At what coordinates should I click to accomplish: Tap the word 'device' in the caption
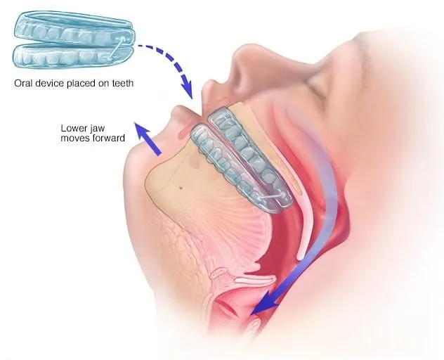(x=47, y=84)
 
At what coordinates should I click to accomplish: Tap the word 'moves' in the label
(x=74, y=139)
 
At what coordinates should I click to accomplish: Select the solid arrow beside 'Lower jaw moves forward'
(x=148, y=139)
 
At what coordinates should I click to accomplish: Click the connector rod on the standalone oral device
(x=117, y=48)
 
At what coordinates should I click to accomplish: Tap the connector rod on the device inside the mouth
(x=271, y=196)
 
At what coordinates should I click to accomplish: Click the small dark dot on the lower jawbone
(x=181, y=187)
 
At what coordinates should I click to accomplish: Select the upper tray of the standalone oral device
(x=74, y=28)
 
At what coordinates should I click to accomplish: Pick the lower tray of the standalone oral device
(x=73, y=56)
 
